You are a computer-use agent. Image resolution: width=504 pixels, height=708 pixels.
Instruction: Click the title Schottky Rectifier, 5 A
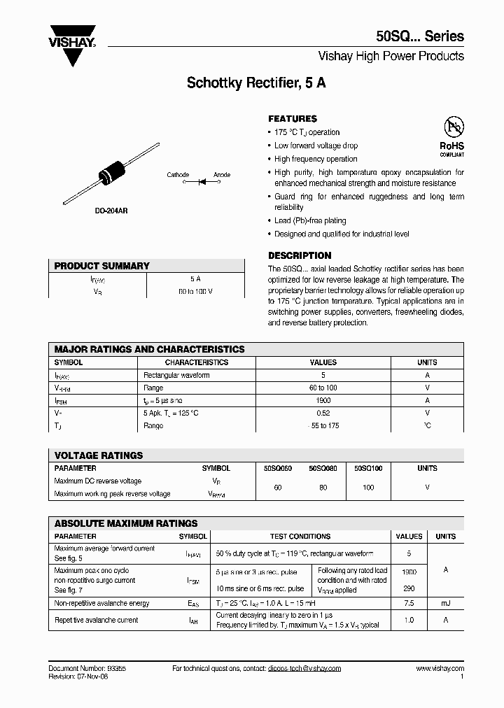255,83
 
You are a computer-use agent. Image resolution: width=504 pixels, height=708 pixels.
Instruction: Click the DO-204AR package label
111,211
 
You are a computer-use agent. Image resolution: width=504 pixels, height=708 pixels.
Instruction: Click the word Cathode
178,175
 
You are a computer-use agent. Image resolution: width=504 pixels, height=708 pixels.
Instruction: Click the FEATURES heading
293,119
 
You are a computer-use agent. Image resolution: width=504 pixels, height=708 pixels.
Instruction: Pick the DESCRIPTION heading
300,255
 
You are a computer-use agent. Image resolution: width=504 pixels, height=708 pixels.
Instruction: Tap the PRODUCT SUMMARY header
102,266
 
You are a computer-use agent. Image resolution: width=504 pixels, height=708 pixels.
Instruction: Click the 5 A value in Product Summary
195,278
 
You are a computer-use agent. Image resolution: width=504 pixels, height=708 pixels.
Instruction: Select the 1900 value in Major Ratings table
323,400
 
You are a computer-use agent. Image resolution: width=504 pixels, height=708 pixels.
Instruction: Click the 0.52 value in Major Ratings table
323,413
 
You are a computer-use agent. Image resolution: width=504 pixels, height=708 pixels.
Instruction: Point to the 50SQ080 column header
323,468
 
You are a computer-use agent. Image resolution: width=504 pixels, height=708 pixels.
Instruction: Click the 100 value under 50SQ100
368,487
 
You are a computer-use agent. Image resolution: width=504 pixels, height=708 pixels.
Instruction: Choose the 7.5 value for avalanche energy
409,602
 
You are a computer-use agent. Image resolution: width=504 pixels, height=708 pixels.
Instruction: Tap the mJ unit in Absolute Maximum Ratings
445,602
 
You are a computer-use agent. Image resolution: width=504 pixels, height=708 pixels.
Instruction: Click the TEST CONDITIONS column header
300,537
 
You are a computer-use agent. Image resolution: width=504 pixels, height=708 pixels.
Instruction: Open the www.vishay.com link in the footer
440,669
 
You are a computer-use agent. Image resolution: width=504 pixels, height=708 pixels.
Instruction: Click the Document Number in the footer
87,669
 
